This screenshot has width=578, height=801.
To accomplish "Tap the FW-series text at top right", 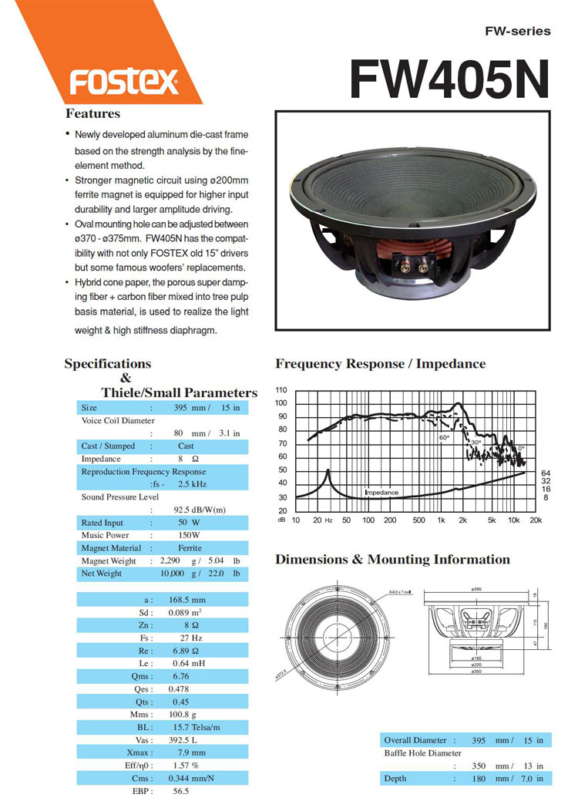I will (x=518, y=32).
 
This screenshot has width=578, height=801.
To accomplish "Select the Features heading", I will (x=92, y=114).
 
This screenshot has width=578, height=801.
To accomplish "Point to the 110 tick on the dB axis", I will (x=281, y=390).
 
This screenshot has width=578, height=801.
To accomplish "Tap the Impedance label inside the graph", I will (x=381, y=492).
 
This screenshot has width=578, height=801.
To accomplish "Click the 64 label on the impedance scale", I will (x=546, y=473).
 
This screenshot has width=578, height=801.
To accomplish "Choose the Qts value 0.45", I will (x=179, y=702).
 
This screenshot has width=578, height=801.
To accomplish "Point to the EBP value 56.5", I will (x=180, y=790).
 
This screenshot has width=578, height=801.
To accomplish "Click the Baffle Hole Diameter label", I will (x=422, y=752).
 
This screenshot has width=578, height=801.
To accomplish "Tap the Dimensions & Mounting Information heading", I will (x=392, y=560).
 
